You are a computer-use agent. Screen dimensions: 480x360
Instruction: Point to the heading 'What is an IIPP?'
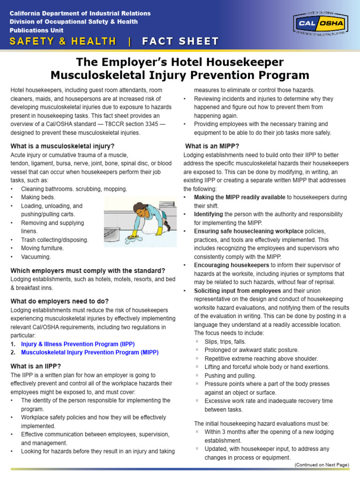(x=36, y=366)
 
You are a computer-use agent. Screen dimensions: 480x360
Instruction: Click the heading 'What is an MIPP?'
(x=212, y=146)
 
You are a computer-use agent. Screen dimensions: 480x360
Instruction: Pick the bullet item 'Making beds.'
(x=38, y=197)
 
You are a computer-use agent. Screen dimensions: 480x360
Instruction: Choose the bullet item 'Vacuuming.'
(x=36, y=257)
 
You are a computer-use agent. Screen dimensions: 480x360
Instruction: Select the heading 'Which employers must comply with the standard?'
(x=88, y=270)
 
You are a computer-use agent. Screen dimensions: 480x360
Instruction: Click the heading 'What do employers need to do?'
(x=60, y=301)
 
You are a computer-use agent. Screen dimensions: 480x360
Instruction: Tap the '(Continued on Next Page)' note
(x=322, y=465)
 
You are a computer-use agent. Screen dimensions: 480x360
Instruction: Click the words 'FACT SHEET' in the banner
(x=180, y=41)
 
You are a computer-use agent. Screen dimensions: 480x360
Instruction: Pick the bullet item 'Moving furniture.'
(x=43, y=248)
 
